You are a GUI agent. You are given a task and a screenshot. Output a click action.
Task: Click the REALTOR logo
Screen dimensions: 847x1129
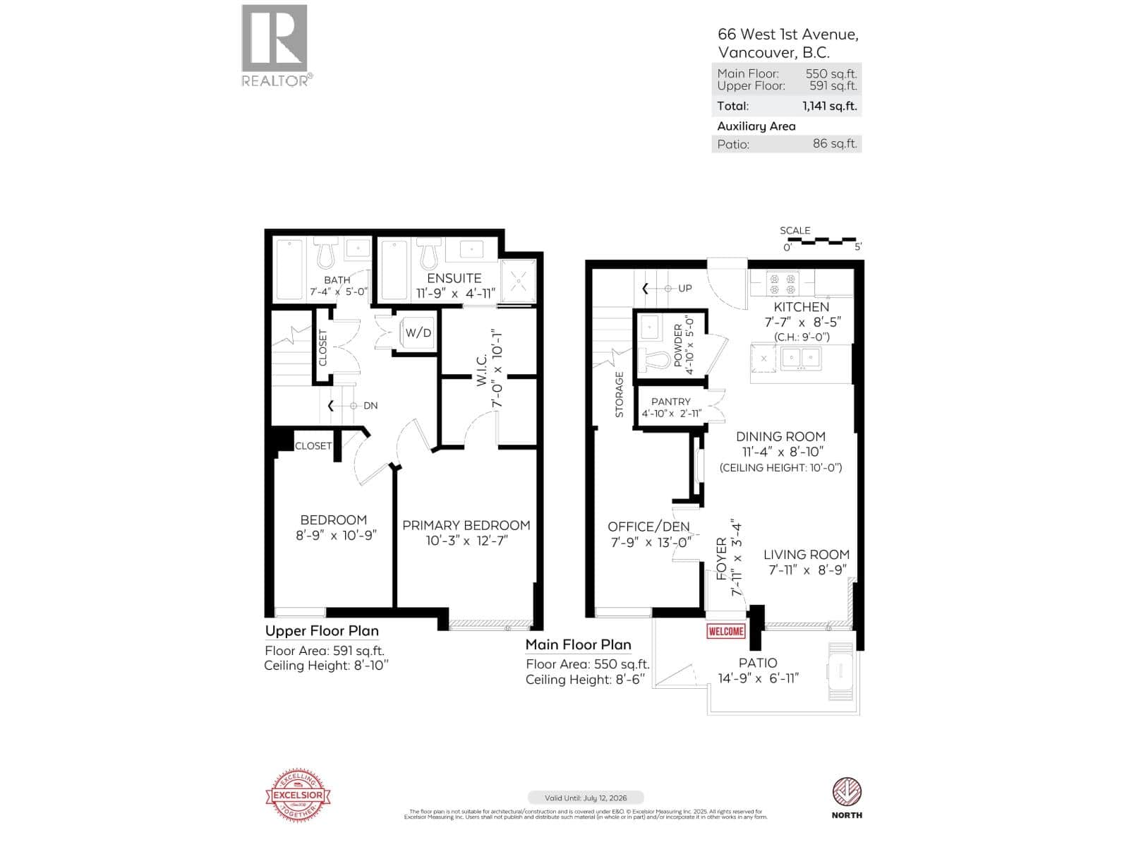pos(275,44)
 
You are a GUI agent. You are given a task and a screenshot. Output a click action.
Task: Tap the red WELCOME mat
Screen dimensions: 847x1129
pos(725,631)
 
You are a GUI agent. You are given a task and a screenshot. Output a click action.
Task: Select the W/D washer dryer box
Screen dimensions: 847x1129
pos(418,332)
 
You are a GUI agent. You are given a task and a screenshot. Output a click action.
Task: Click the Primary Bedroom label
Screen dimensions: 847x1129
pos(466,526)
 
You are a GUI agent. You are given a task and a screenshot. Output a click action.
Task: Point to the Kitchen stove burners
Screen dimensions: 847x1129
pos(782,284)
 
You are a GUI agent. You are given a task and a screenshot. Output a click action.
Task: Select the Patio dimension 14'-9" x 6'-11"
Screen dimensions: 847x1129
pos(757,678)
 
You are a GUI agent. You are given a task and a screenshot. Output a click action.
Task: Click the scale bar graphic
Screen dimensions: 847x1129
pos(821,241)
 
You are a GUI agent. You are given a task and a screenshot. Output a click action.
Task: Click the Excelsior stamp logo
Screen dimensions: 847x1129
pos(298,795)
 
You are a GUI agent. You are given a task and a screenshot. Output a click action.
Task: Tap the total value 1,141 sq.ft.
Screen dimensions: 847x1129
pos(829,107)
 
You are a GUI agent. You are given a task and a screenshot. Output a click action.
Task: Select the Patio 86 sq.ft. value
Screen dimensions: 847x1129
pos(834,144)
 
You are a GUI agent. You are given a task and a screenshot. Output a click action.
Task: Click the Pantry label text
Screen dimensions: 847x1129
pos(670,402)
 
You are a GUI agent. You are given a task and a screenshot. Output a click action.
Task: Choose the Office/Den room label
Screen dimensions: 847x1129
pos(648,527)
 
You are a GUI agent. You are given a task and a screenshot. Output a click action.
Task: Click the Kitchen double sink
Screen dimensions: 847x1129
pos(800,359)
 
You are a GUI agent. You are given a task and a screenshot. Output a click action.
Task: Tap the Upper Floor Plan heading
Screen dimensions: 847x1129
pos(322,631)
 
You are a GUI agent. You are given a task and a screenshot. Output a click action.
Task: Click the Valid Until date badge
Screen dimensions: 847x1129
pos(585,798)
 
